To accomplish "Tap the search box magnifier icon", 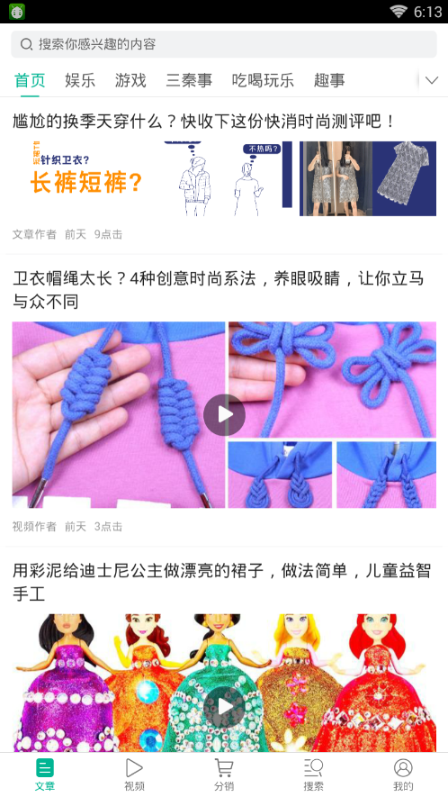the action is [x=26, y=44].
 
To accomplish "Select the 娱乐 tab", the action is [x=80, y=80].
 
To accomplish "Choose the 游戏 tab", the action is [x=130, y=80].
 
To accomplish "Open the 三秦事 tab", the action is [x=189, y=80].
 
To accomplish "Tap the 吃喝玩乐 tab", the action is [x=263, y=80].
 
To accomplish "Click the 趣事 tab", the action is [x=329, y=80].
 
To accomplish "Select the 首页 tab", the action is [x=30, y=80].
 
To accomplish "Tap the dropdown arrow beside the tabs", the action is [x=432, y=80].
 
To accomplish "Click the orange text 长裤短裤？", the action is [x=85, y=183].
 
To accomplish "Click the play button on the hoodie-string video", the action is [x=225, y=415].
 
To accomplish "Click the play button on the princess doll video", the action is [x=225, y=706].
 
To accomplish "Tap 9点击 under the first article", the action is [x=108, y=234].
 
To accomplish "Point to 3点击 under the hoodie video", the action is [x=108, y=527].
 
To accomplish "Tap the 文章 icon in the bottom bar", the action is [x=45, y=767].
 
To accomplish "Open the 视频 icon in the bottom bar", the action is [x=134, y=767].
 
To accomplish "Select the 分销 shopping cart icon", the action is [x=223, y=767].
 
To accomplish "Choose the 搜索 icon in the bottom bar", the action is [x=313, y=767].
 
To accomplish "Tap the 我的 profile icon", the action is [x=403, y=767].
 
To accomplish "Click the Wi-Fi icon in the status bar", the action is [x=399, y=12].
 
